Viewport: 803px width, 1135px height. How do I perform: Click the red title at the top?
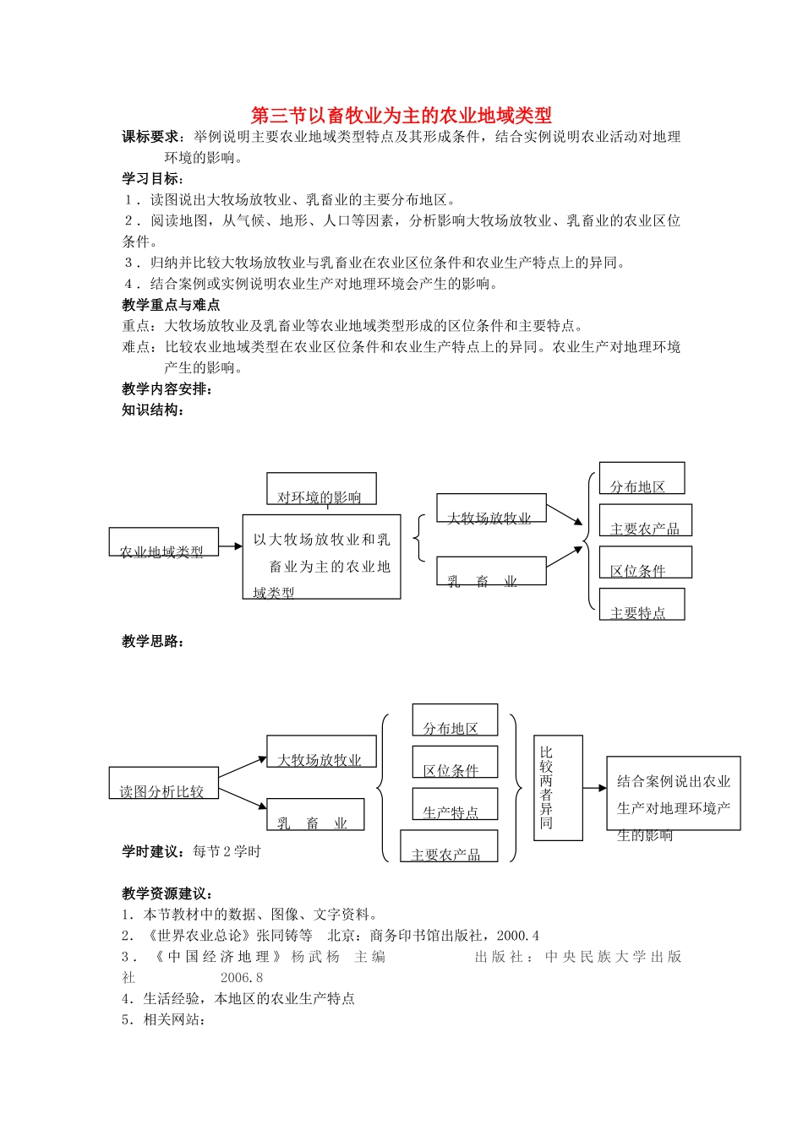click(401, 116)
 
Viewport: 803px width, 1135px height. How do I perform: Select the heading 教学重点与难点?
click(171, 305)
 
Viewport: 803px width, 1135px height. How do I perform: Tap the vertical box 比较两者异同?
click(558, 787)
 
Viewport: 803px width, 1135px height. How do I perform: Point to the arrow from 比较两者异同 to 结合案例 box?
click(595, 788)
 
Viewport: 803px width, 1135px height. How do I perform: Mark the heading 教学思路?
click(153, 642)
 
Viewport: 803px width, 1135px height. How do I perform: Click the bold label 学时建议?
click(153, 851)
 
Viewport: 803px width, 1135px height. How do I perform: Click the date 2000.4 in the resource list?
click(518, 936)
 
